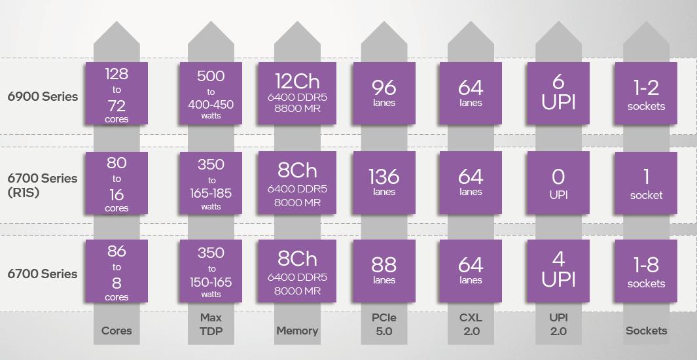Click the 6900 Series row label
pyautogui.click(x=43, y=96)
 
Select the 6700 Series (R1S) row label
pyautogui.click(x=43, y=185)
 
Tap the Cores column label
pyautogui.click(x=116, y=331)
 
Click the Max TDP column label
pyautogui.click(x=211, y=324)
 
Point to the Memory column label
pyautogui.click(x=297, y=331)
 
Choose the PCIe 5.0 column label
pyautogui.click(x=384, y=324)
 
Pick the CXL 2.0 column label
pyautogui.click(x=471, y=324)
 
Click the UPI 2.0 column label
pyautogui.click(x=558, y=324)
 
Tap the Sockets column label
pyautogui.click(x=647, y=331)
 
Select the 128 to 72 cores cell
pyautogui.click(x=116, y=94)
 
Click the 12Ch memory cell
pyautogui.click(x=297, y=94)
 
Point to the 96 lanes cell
pyautogui.click(x=384, y=94)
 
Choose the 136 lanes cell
pyautogui.click(x=384, y=183)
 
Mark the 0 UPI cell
pyautogui.click(x=558, y=183)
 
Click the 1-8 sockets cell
pyautogui.click(x=646, y=271)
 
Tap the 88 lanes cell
pyautogui.click(x=384, y=271)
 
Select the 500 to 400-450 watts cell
pyautogui.click(x=211, y=94)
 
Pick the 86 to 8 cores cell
pyautogui.click(x=116, y=271)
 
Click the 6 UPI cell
pyautogui.click(x=558, y=94)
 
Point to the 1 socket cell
pyautogui.click(x=646, y=183)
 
